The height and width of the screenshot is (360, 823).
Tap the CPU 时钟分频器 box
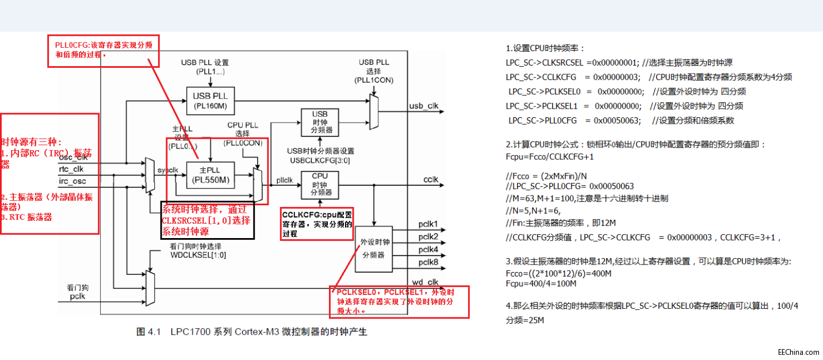(x=319, y=184)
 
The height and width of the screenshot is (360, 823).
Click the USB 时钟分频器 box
(x=319, y=122)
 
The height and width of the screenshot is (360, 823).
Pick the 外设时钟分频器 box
(x=374, y=248)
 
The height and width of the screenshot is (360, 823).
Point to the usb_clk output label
(x=423, y=106)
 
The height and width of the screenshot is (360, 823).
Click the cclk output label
(x=431, y=180)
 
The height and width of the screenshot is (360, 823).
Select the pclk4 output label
(x=428, y=250)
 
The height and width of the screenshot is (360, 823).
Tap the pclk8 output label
(x=428, y=262)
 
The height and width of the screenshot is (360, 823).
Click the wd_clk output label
(x=425, y=281)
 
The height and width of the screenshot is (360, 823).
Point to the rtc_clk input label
(x=71, y=169)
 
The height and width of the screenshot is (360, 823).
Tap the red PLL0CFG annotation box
(x=104, y=51)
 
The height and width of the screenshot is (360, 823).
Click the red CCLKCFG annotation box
(x=317, y=223)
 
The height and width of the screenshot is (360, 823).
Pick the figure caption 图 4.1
(x=251, y=332)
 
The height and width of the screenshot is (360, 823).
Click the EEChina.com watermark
(x=798, y=352)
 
